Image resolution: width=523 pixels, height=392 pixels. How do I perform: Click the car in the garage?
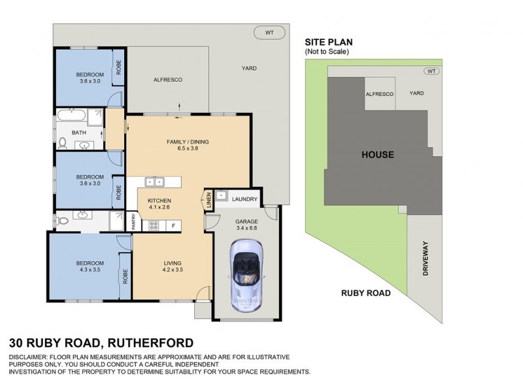click(246, 275)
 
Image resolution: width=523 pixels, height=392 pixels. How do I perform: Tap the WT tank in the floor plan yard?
click(269, 33)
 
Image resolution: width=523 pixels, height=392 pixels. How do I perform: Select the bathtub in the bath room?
click(71, 116)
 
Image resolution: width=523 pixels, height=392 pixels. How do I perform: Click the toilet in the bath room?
click(62, 143)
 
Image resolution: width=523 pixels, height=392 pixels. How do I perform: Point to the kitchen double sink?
click(154, 182)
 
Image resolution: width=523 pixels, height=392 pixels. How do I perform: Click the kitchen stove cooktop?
click(154, 225)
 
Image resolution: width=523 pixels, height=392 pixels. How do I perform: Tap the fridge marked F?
click(173, 225)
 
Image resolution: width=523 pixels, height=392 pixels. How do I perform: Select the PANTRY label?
click(134, 221)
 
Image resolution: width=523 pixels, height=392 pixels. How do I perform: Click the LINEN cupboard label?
click(209, 200)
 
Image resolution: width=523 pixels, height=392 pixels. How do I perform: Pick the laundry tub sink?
click(221, 195)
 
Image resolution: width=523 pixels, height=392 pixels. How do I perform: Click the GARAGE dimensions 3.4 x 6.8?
click(246, 228)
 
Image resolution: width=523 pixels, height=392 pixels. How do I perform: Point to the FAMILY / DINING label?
click(188, 142)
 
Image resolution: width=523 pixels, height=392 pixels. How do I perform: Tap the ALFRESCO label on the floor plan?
click(168, 80)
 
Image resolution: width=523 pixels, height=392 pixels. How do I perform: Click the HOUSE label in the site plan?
click(378, 154)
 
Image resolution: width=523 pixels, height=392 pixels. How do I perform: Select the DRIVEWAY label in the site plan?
click(426, 258)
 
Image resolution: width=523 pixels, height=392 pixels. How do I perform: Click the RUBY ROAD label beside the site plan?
click(366, 293)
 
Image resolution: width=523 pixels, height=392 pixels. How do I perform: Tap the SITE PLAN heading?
click(329, 42)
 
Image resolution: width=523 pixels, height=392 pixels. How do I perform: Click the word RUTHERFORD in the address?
click(151, 342)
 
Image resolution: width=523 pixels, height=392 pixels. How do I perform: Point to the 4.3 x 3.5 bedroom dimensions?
click(90, 270)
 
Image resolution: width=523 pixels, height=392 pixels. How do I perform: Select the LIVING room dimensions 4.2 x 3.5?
click(173, 270)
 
